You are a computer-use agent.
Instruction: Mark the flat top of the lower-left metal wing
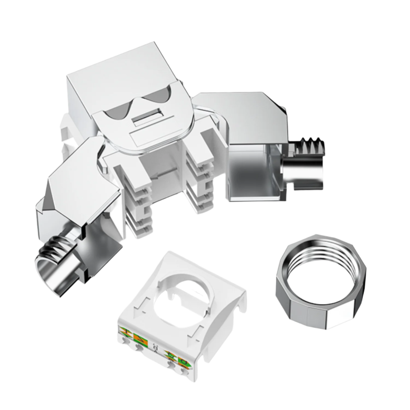(82, 175)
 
